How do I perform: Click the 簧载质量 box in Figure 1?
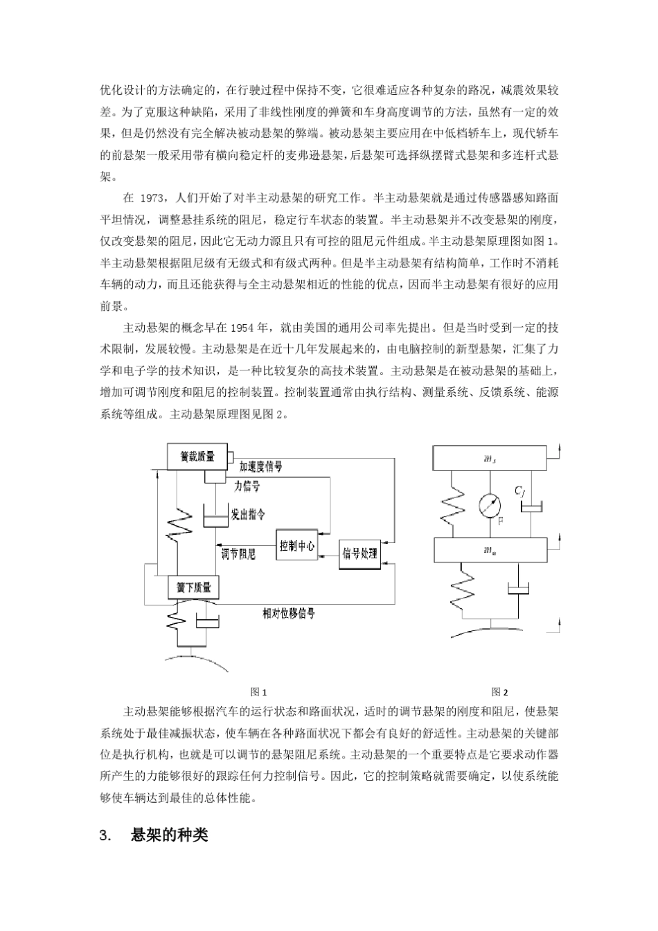coord(197,457)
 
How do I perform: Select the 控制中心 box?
coord(296,547)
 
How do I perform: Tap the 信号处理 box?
coord(359,553)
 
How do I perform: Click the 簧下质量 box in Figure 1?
coord(193,587)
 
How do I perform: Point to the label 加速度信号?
coord(261,467)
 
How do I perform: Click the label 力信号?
coord(247,487)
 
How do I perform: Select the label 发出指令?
coord(247,515)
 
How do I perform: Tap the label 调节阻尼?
coord(238,554)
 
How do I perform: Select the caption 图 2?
coord(499,691)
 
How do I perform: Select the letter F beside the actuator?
coord(501,520)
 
